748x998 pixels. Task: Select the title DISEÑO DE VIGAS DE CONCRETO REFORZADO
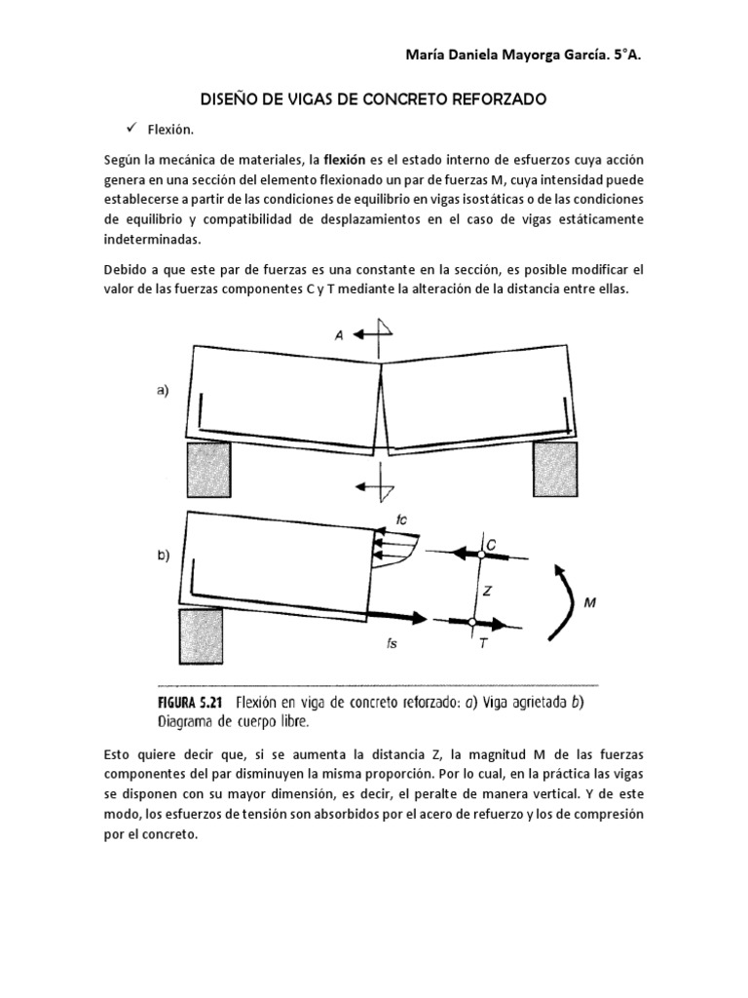tap(374, 99)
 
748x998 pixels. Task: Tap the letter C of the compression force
tap(492, 549)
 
